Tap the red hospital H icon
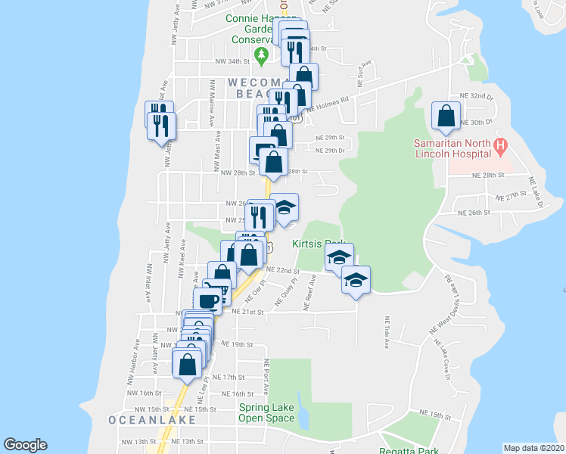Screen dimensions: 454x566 499,144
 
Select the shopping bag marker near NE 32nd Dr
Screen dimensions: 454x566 446,117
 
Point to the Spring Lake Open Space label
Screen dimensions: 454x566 266,412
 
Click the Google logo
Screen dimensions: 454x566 25,445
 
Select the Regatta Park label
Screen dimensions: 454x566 409,450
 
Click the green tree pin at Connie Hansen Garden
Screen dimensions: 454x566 262,54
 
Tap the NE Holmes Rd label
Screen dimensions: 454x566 328,104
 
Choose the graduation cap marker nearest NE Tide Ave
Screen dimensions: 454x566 356,280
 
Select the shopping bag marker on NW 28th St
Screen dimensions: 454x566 273,162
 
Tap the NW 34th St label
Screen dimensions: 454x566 232,61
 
